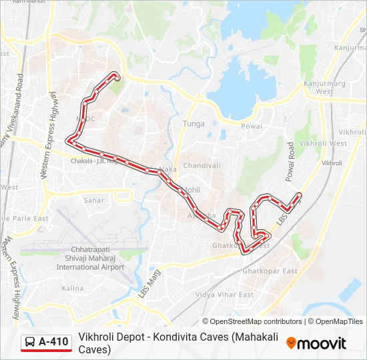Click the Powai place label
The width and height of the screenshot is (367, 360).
[x=252, y=126]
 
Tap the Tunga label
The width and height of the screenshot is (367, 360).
[x=194, y=123]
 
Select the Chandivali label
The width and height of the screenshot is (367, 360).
[x=202, y=165]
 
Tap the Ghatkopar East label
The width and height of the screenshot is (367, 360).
[x=270, y=271]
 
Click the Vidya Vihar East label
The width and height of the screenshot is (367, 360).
[x=224, y=295]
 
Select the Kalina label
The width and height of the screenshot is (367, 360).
[x=72, y=288]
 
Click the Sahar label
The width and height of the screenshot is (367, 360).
[x=93, y=200]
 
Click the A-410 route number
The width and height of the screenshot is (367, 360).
[x=53, y=342]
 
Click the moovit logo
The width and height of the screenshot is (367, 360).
[x=316, y=343]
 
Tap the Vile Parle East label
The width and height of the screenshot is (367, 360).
[x=24, y=218]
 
